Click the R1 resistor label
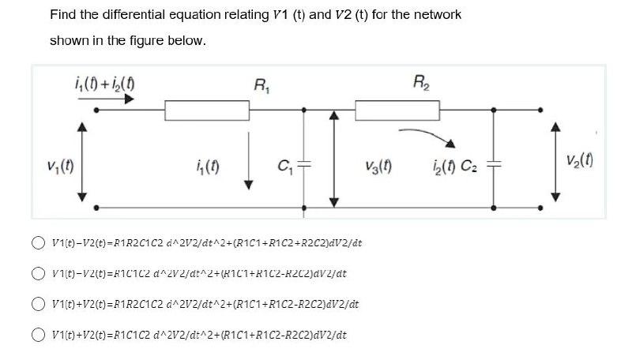(x=259, y=84)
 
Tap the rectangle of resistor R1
(x=202, y=111)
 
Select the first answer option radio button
(x=38, y=242)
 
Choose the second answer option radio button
(x=38, y=273)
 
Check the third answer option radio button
(x=38, y=303)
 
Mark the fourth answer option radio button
(x=38, y=334)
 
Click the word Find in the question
(x=63, y=14)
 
